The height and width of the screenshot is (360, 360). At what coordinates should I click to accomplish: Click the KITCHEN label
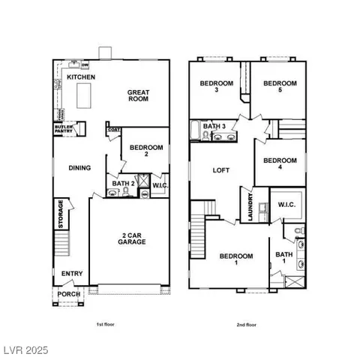(x=79, y=77)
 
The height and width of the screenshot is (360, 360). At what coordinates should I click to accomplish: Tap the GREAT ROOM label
(x=138, y=96)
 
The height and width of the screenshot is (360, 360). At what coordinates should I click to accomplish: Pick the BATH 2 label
(x=123, y=183)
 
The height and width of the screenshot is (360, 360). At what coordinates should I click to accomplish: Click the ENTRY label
(x=72, y=274)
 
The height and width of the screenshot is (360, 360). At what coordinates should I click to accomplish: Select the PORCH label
(x=70, y=294)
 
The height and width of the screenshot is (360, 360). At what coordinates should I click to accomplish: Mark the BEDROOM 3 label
(x=217, y=86)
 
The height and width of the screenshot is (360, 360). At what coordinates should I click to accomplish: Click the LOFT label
(x=220, y=170)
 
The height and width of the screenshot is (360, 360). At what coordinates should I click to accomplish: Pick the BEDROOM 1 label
(x=236, y=259)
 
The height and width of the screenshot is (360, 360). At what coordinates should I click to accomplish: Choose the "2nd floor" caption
(x=245, y=325)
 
